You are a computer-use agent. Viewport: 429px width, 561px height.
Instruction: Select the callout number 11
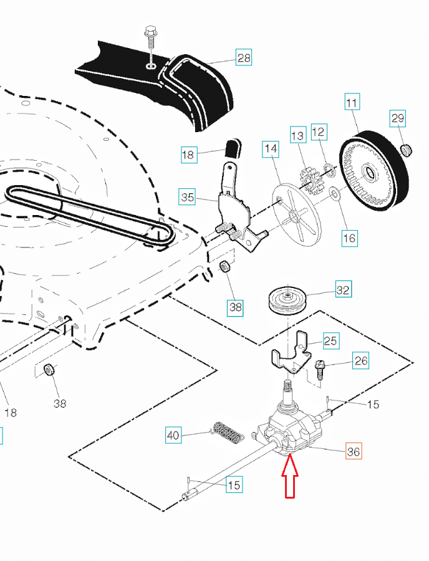tap(352, 102)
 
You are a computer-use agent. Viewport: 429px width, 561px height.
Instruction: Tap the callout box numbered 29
tap(398, 118)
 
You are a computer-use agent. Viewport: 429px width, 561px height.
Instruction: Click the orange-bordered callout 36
tap(353, 451)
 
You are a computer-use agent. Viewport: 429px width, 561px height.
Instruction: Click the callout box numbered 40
tap(174, 434)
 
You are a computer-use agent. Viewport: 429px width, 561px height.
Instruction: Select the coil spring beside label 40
tap(228, 432)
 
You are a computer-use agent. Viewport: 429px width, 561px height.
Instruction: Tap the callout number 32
tap(343, 290)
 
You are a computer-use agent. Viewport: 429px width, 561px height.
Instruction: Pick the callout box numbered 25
tap(331, 340)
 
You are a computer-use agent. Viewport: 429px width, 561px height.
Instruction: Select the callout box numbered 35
tap(188, 198)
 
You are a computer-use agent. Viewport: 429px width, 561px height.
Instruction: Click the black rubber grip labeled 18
tap(233, 149)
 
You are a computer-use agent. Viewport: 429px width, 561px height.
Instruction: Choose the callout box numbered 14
tap(271, 149)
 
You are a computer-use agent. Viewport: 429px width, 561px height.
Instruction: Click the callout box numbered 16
tap(349, 237)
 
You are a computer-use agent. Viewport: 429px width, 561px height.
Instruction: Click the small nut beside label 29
tap(406, 150)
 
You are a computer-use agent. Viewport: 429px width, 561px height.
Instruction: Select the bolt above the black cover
tap(150, 37)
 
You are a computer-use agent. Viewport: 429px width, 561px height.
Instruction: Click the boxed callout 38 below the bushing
tap(235, 306)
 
